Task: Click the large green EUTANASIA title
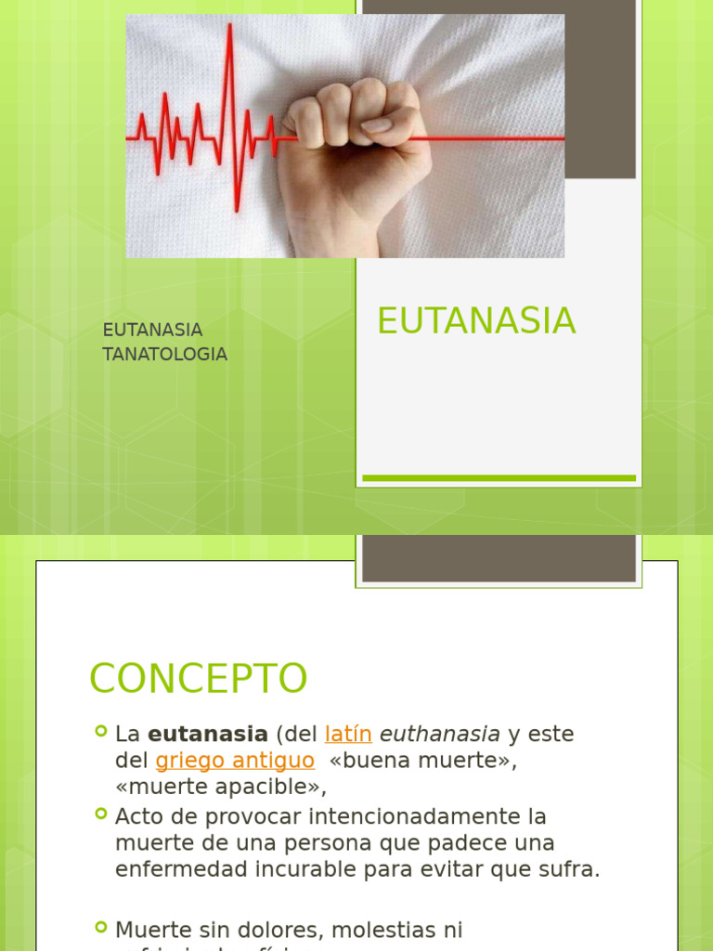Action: coord(476,321)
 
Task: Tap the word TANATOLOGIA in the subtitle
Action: coord(165,355)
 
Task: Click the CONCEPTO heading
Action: coord(198,679)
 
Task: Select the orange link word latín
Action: coord(348,734)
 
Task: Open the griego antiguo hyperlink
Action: coord(235,761)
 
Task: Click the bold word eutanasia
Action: coord(208,734)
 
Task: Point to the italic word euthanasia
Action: coord(440,734)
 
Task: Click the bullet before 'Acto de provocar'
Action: coord(101,814)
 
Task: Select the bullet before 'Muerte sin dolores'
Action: coord(101,926)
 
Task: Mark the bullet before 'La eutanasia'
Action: coord(101,731)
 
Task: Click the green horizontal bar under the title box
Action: coord(499,477)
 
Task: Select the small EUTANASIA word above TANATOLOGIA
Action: coord(152,331)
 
